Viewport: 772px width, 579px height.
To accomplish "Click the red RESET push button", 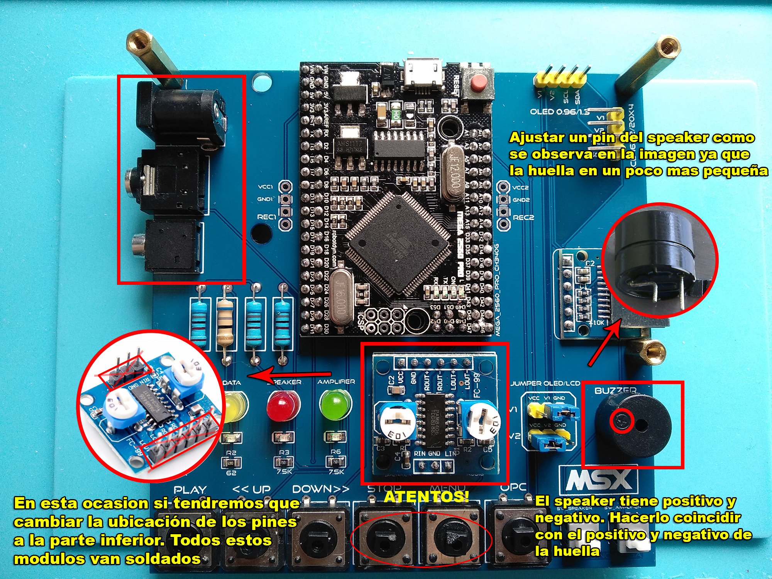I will (x=479, y=82).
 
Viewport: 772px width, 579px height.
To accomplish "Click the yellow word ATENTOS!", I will (x=427, y=496).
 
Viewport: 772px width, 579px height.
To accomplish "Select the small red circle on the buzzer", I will (x=622, y=421).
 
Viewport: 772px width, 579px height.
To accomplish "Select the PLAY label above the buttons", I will (x=190, y=490).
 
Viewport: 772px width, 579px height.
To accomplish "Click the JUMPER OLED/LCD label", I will (x=545, y=383).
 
